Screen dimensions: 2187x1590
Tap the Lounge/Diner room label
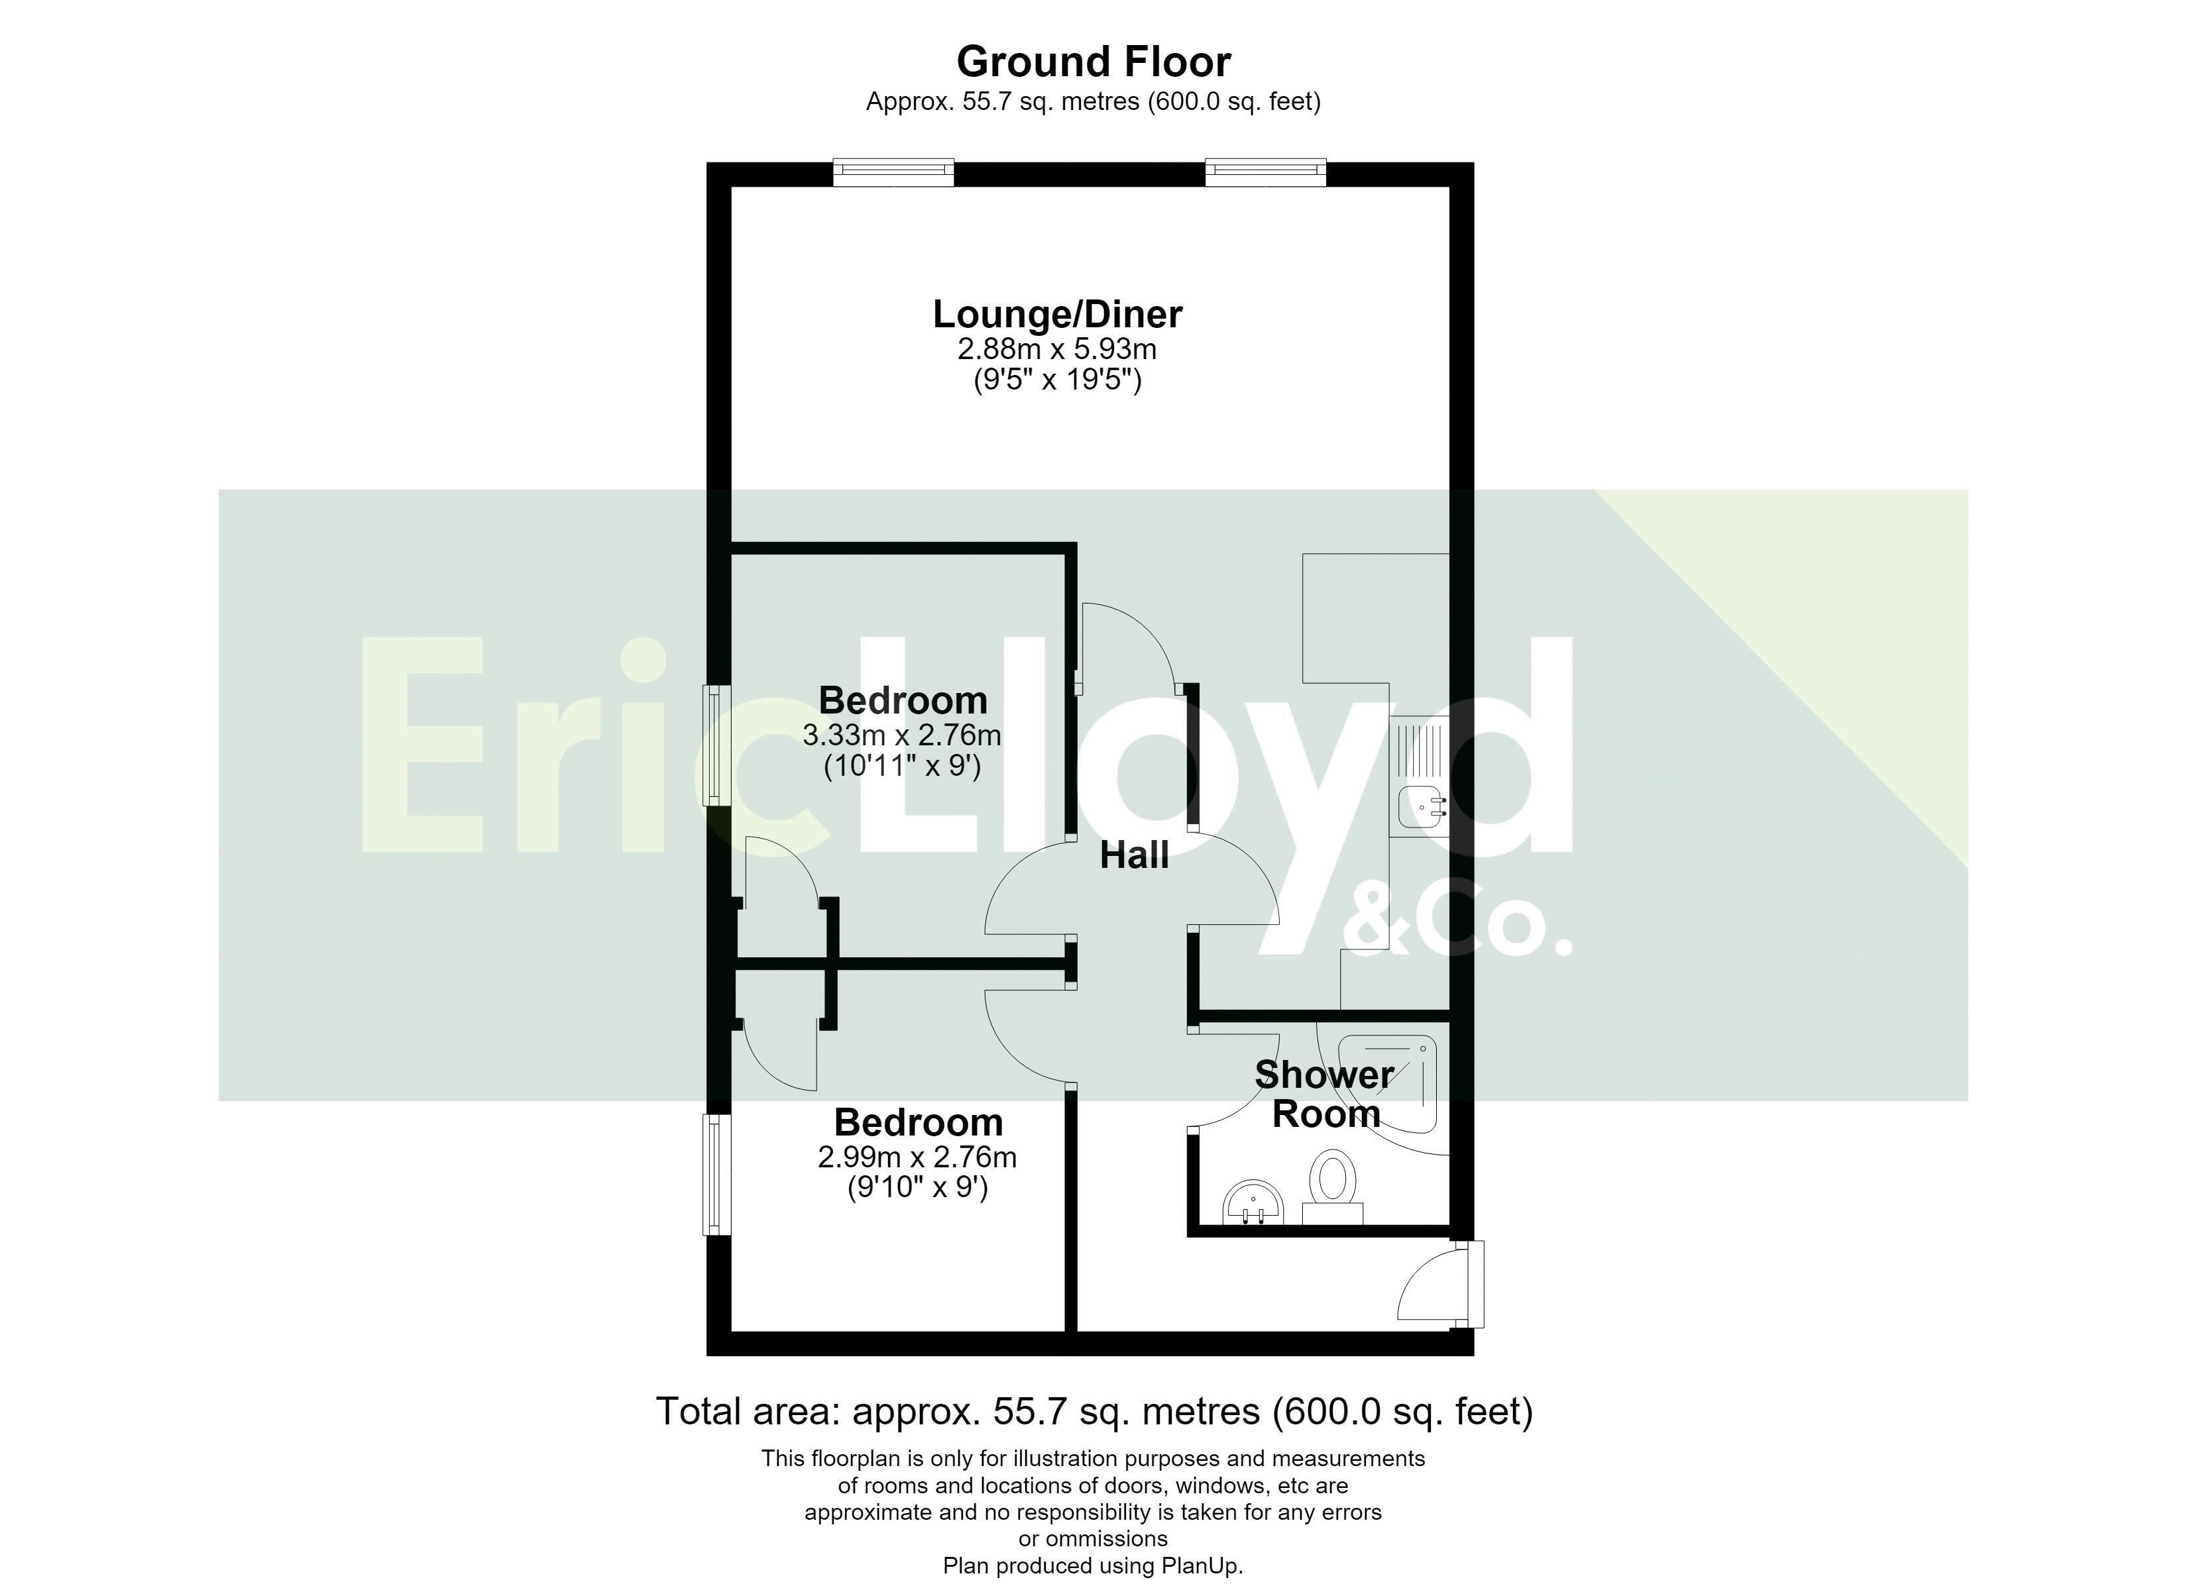pyautogui.click(x=1058, y=314)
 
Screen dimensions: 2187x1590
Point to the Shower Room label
pyautogui.click(x=1325, y=1094)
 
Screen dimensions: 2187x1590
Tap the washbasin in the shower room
pyautogui.click(x=1254, y=1203)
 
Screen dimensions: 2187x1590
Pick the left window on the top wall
pyautogui.click(x=893, y=173)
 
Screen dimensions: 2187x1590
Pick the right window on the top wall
pyautogui.click(x=1265, y=173)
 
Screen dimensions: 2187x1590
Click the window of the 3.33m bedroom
pyautogui.click(x=716, y=745)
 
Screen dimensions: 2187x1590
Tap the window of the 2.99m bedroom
pyautogui.click(x=716, y=1175)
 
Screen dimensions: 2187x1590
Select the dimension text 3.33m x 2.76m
pyautogui.click(x=901, y=735)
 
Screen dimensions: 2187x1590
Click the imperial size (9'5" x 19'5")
pyautogui.click(x=1058, y=380)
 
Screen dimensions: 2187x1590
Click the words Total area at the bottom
pyautogui.click(x=748, y=1412)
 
